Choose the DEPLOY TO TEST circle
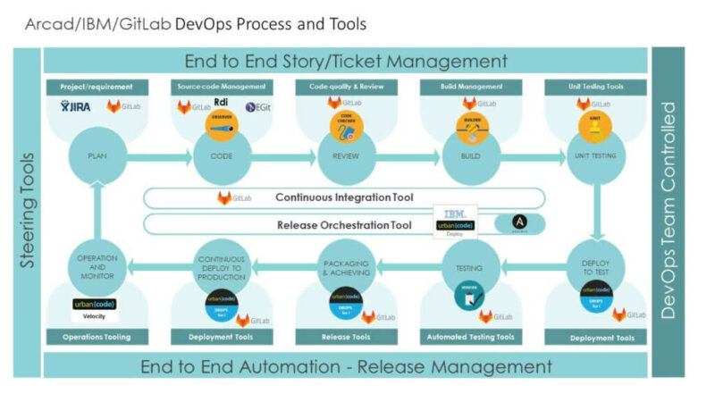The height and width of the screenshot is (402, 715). tap(595, 265)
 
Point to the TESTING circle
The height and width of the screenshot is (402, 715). tap(471, 265)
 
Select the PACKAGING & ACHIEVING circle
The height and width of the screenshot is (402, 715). tap(346, 265)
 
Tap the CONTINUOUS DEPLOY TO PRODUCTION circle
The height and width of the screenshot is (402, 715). tap(222, 265)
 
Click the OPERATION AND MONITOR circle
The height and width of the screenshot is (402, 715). tap(97, 265)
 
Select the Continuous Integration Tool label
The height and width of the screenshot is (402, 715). tap(344, 197)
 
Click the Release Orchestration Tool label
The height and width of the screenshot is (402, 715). tap(344, 225)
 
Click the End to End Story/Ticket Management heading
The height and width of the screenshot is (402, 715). tap(345, 62)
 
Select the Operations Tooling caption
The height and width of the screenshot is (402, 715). tap(97, 337)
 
